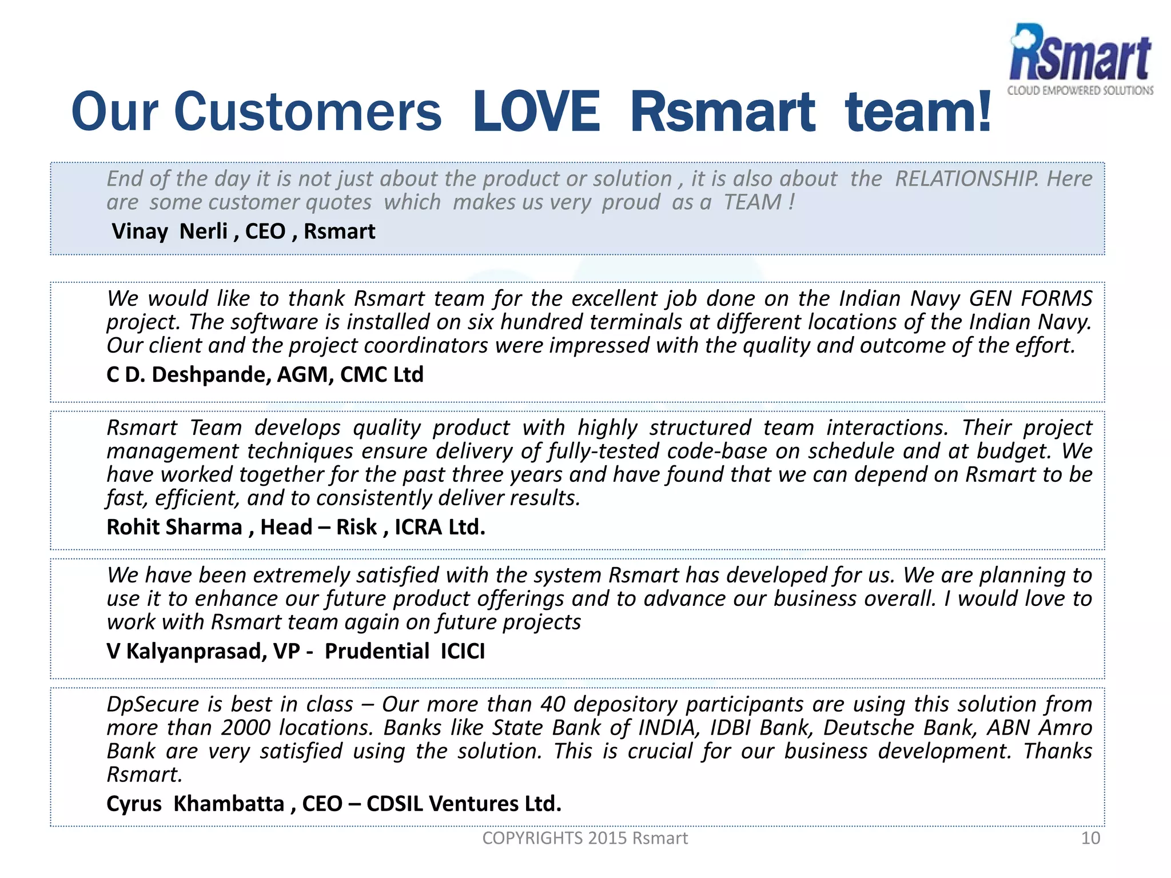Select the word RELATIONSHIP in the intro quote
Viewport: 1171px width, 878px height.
(x=966, y=179)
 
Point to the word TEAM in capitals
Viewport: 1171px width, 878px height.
(x=752, y=202)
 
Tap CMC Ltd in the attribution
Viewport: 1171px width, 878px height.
(x=381, y=375)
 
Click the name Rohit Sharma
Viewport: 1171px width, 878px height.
(x=174, y=527)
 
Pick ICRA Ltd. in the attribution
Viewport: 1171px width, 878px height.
(x=440, y=527)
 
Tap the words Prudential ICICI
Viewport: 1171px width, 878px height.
(x=404, y=651)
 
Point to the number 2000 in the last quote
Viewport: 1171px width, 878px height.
(x=246, y=728)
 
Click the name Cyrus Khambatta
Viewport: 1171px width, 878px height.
(x=195, y=804)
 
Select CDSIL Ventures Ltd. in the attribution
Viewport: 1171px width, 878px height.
(x=464, y=804)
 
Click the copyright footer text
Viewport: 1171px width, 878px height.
(x=585, y=838)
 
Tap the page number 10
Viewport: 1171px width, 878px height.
(x=1090, y=838)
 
